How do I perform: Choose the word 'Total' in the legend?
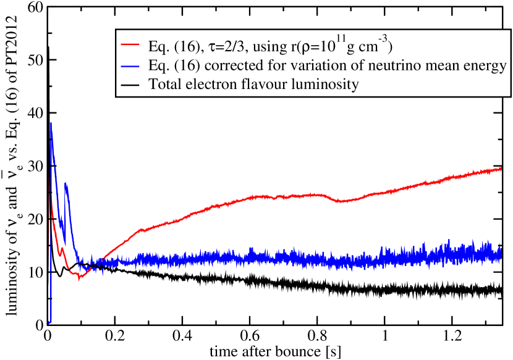coord(164,85)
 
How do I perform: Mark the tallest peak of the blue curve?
coord(51,123)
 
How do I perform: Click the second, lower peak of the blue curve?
coord(66,183)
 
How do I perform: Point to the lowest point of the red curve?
coord(79,278)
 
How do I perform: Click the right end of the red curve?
coord(500,168)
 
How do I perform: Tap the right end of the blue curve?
coord(500,252)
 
